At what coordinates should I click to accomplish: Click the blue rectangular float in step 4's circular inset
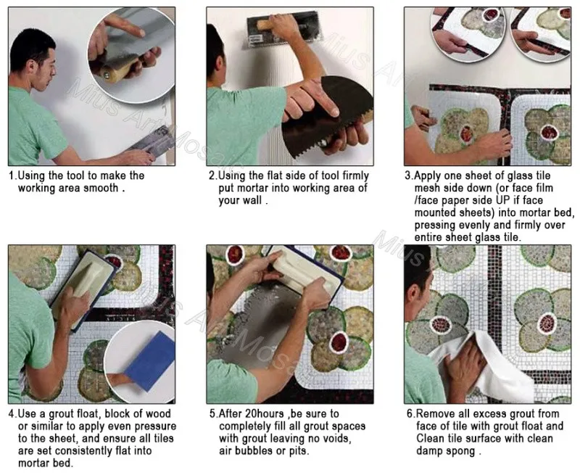150,360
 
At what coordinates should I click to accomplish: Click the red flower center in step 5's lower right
339,342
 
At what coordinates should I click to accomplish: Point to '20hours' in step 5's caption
265,413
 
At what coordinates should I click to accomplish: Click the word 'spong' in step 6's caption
460,451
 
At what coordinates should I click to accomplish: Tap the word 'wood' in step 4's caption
158,413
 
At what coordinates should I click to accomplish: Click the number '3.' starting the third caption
409,175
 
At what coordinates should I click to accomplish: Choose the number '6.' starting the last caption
411,413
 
